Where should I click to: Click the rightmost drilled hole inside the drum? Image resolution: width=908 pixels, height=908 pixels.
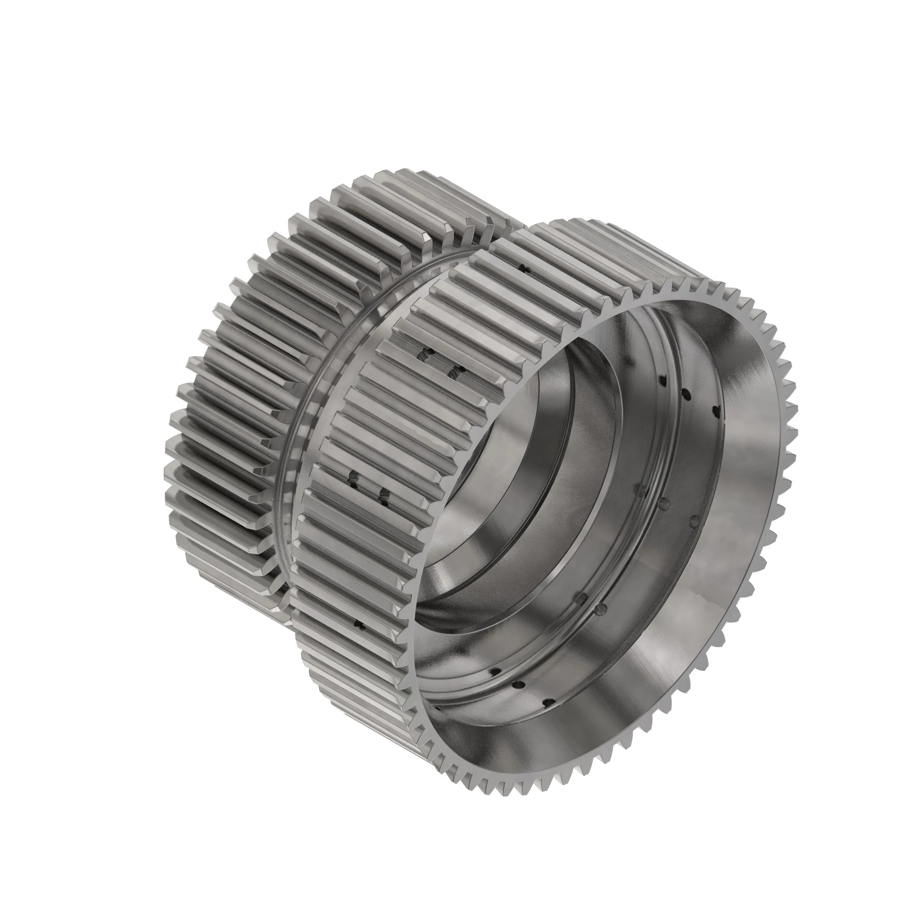pos(716,411)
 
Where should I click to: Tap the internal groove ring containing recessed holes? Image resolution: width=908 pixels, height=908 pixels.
pos(625,587)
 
